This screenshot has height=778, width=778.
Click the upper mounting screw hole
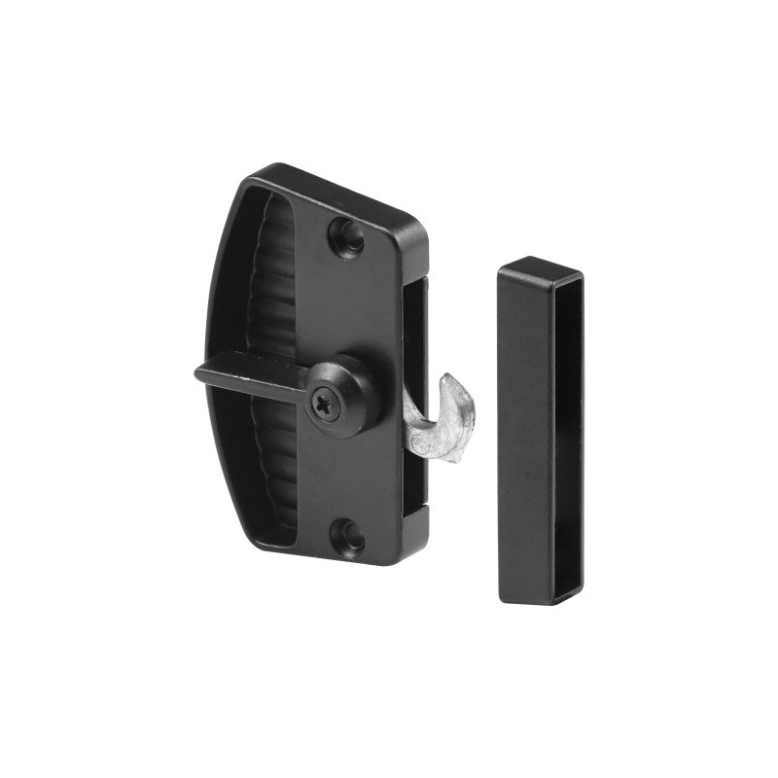[346, 234]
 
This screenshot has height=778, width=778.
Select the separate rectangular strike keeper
[540, 428]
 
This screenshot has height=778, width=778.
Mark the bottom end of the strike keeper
[539, 595]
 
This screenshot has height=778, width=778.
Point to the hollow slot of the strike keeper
[568, 428]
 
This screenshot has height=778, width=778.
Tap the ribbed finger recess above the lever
[272, 282]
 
